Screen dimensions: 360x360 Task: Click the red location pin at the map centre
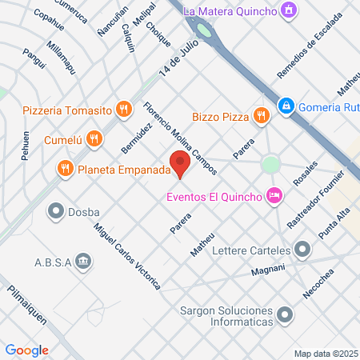coord(181,164)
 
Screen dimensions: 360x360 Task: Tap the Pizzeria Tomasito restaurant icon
coord(122,109)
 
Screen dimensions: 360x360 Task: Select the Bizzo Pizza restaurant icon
coord(261,117)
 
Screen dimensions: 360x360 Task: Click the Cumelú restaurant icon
coord(94,138)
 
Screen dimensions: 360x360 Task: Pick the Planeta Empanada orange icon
coord(65,169)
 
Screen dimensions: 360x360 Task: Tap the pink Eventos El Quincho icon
coord(274,195)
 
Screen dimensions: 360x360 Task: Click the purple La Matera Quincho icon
coord(290,11)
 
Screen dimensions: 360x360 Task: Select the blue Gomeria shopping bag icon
coord(285,106)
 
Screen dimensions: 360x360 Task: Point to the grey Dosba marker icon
coord(56,211)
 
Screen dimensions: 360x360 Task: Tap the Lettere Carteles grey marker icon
coord(302,250)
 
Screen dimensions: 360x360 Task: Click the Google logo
coord(26,350)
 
